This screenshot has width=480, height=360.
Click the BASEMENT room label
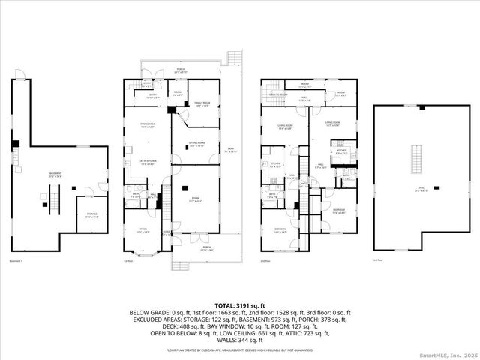[x=55, y=175]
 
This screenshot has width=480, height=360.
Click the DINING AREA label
[x=147, y=126]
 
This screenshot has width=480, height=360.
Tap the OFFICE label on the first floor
[x=142, y=231]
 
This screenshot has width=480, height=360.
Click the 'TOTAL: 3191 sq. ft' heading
[x=239, y=306]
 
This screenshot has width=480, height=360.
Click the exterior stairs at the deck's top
[x=235, y=58]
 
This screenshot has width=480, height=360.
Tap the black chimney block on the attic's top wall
[x=423, y=107]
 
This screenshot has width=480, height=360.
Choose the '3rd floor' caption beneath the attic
[x=378, y=260]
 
